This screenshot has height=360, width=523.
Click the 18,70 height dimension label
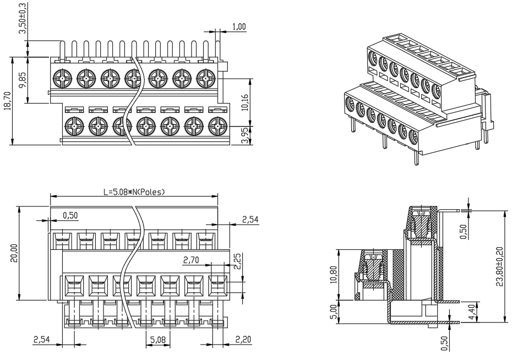click(7, 101)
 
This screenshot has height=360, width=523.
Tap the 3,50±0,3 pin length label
click(23, 18)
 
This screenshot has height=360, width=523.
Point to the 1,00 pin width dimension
click(239, 26)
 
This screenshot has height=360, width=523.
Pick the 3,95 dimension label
click(246, 137)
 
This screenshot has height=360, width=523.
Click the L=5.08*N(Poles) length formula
click(134, 192)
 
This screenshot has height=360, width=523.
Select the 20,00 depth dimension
click(14, 253)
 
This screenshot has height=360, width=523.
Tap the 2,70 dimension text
click(191, 260)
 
